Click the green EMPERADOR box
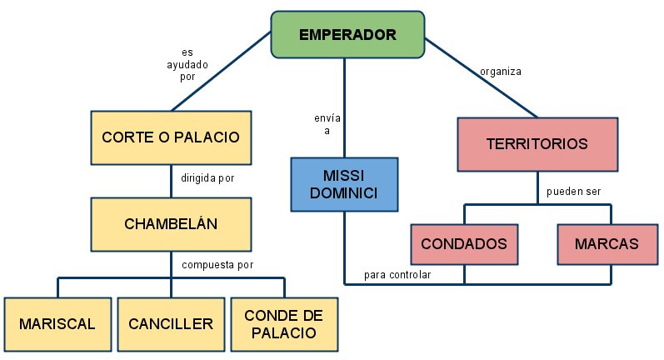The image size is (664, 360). coord(347,35)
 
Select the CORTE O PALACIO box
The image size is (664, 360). coord(171,137)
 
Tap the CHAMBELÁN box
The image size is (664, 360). coord(171,222)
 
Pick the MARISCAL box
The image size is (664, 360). coord(57,323)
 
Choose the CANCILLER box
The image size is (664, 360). coord(171,323)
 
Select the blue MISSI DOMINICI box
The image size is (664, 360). coord(343,183)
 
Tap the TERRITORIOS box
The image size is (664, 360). coord(537,143)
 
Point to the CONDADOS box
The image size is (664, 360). coord(464,244)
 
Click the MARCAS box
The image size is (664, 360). coord(606,244)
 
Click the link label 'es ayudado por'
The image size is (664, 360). coord(187,64)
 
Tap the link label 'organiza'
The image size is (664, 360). coord(500,71)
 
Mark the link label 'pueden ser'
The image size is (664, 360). coord(573,191)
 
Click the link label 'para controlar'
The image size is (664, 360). coord(397,274)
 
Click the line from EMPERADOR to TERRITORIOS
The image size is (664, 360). coord(483,79)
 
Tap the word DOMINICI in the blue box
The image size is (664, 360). coord(343,192)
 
